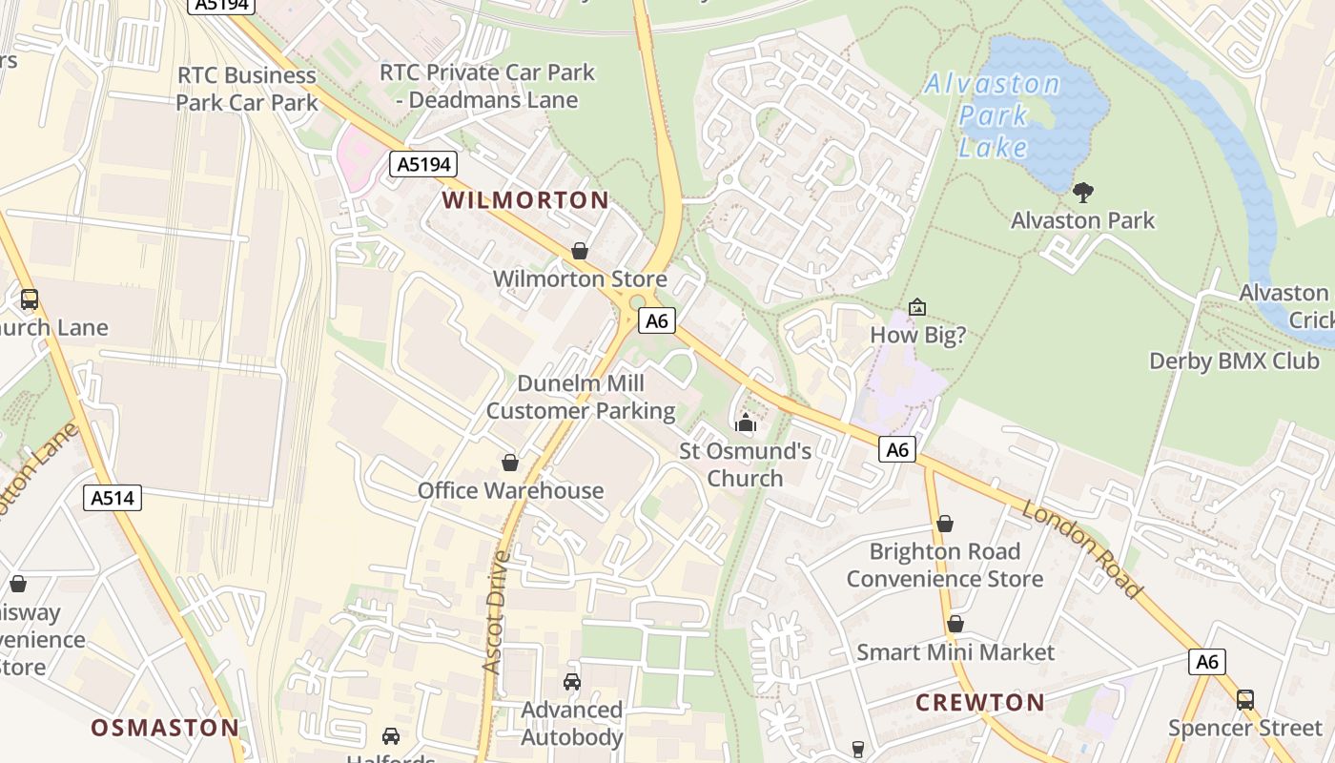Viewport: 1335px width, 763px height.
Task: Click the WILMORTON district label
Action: click(x=525, y=200)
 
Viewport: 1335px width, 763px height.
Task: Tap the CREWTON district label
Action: click(x=980, y=703)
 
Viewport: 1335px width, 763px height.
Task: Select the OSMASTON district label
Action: click(x=165, y=728)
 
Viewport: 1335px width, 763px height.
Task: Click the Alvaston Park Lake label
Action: click(x=993, y=115)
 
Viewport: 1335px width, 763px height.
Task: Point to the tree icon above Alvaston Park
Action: click(x=1082, y=193)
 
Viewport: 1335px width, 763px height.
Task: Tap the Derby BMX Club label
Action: click(x=1234, y=361)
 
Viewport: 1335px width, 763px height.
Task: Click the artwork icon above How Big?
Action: click(x=916, y=307)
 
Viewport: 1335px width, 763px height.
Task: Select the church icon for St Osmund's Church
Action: click(x=745, y=423)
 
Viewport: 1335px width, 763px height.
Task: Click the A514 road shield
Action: click(x=113, y=497)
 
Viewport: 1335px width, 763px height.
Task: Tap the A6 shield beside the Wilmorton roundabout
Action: click(x=657, y=320)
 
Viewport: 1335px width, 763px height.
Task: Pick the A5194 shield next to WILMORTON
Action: click(x=423, y=164)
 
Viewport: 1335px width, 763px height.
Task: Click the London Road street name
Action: click(x=1081, y=548)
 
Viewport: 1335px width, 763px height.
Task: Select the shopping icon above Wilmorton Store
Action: click(x=579, y=251)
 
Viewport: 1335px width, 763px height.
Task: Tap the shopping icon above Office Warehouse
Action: click(x=510, y=463)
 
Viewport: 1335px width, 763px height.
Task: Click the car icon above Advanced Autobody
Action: click(x=571, y=681)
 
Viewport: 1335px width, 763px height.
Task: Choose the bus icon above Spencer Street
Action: click(x=1244, y=699)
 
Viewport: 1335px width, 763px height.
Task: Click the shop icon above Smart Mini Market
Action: click(x=955, y=624)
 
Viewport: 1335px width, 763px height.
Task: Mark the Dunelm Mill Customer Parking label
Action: click(x=581, y=397)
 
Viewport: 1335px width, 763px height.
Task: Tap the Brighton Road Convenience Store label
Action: click(x=944, y=565)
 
